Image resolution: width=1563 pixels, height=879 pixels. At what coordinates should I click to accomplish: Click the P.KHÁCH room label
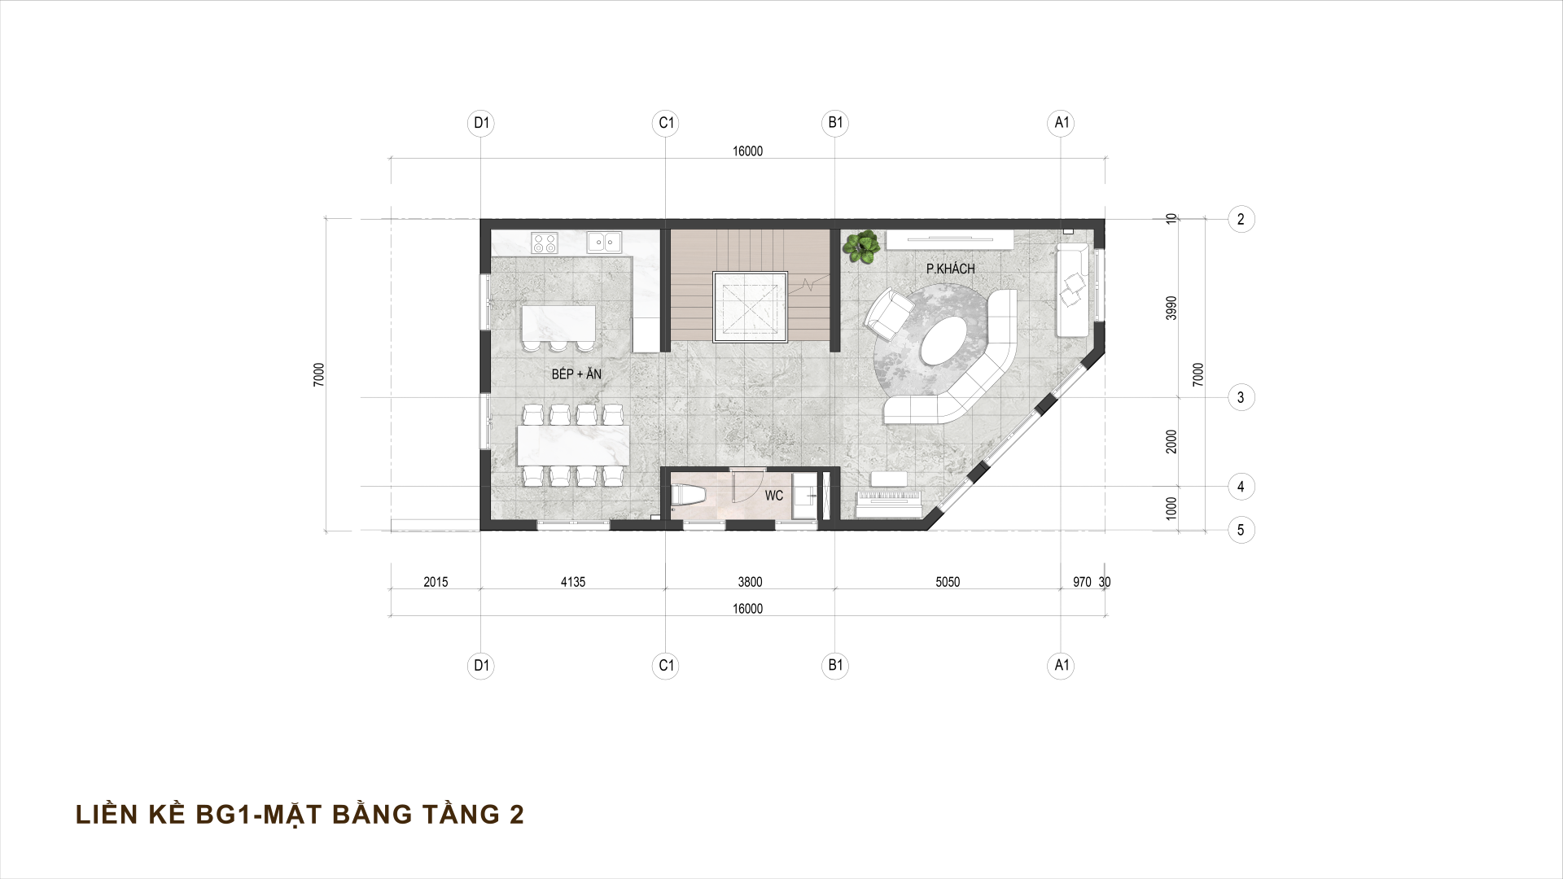(950, 269)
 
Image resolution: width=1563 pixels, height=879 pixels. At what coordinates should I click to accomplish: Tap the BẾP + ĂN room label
(576, 374)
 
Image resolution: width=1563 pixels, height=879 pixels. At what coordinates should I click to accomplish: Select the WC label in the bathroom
(773, 495)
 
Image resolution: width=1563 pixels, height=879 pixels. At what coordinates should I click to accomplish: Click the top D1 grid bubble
(482, 123)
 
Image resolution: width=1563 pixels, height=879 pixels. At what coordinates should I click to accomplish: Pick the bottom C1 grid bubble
(666, 666)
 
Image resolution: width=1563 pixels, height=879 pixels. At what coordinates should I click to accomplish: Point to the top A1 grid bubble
(1062, 123)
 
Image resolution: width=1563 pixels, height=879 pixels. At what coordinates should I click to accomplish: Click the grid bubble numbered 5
(1241, 531)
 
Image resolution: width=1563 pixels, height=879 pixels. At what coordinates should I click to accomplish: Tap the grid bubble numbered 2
(1241, 219)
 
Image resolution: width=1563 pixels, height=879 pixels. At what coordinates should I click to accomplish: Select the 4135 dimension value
(573, 582)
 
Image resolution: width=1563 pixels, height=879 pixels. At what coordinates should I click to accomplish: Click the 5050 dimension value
(948, 582)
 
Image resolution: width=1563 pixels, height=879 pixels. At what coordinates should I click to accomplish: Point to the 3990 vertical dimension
(1171, 308)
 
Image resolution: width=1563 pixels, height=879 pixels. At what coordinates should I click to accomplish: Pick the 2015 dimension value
(436, 582)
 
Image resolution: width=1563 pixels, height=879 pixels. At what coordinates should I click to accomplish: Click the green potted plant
(860, 246)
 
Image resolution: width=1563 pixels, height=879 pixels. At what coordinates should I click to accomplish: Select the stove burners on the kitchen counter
(545, 242)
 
